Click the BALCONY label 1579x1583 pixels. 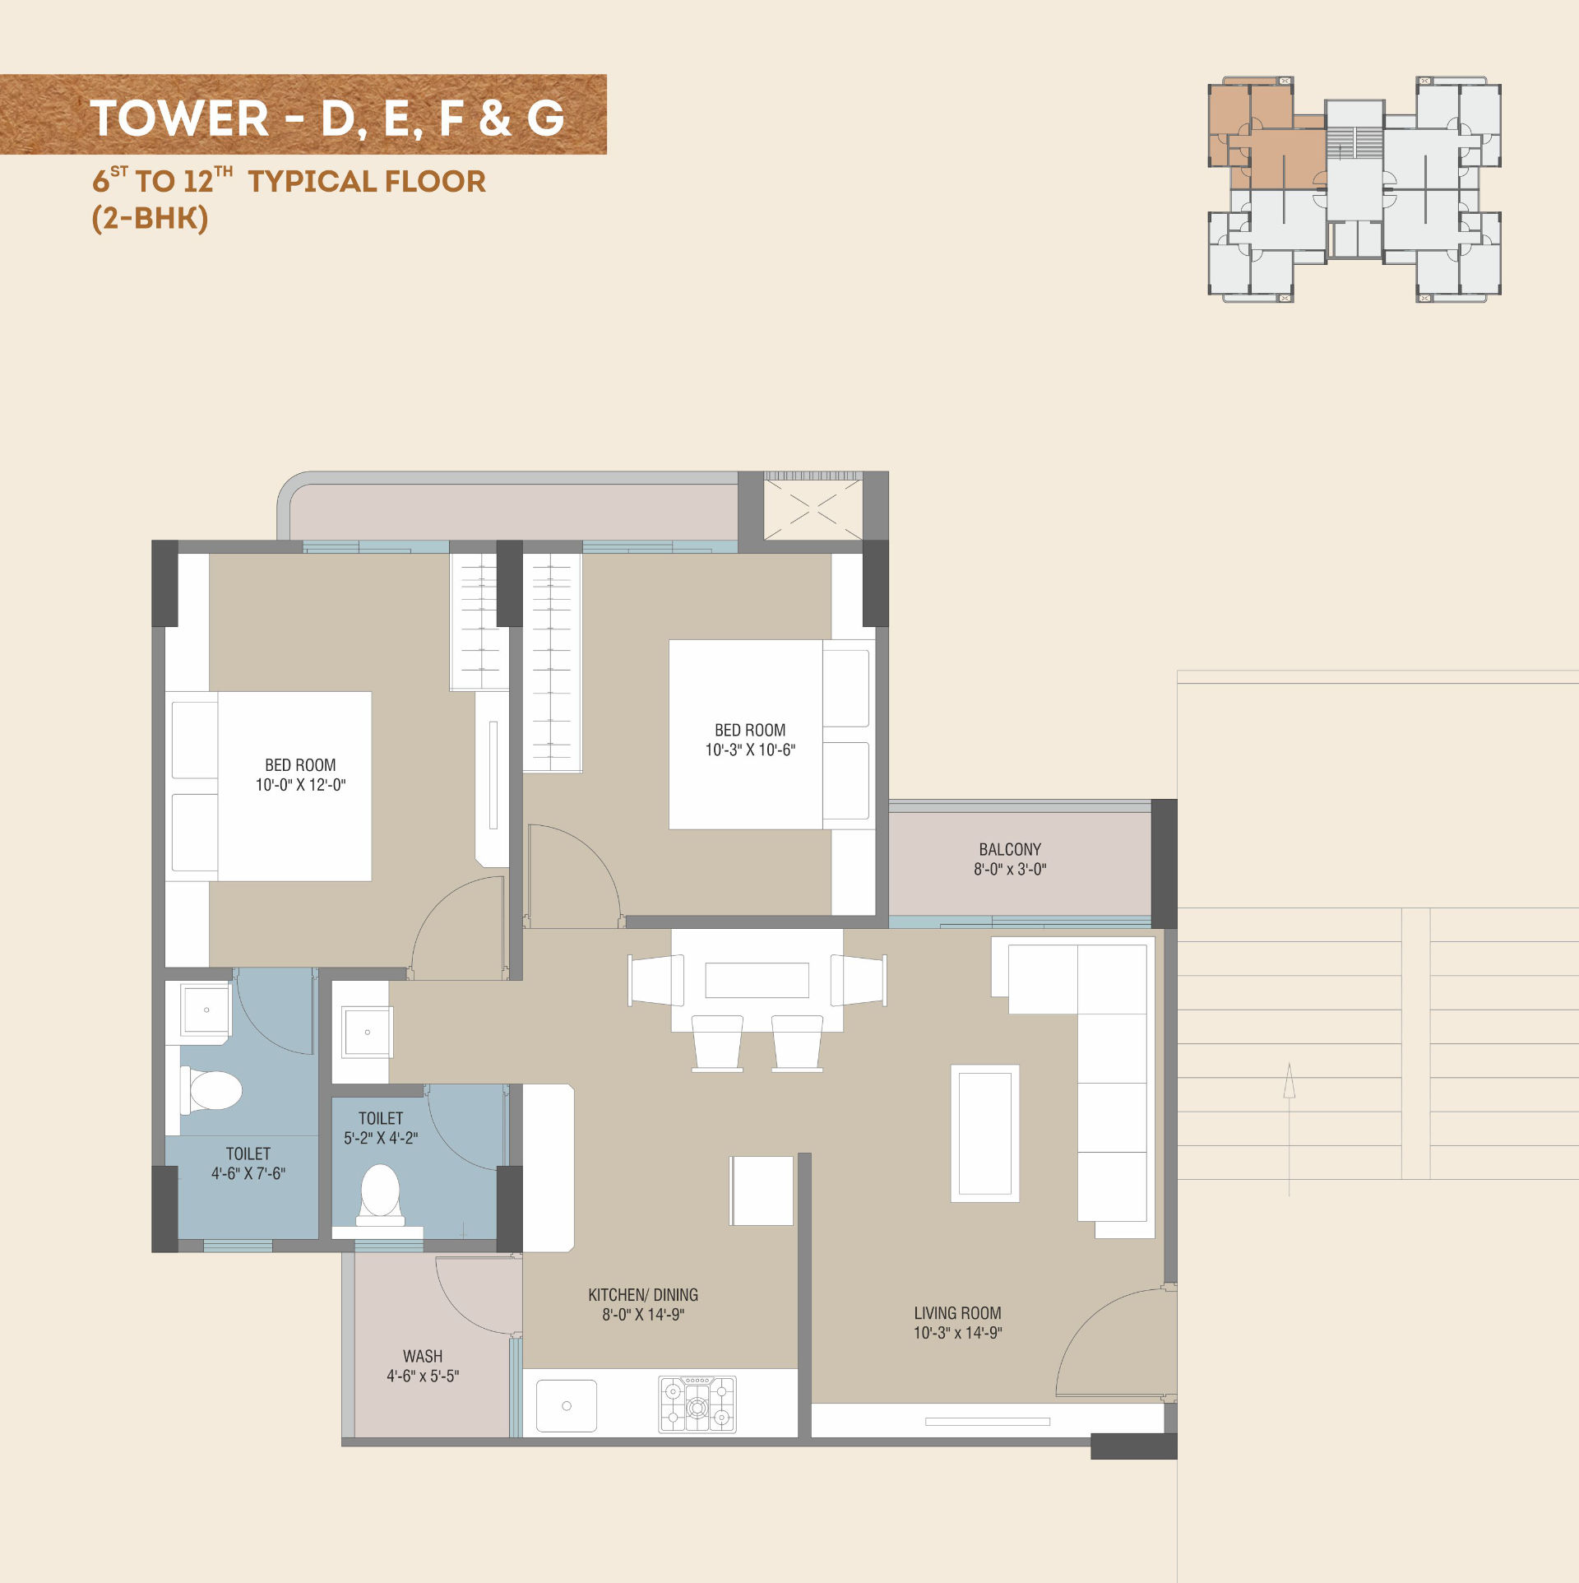[1010, 849]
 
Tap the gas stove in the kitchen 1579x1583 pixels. [697, 1404]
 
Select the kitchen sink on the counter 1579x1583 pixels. [567, 1405]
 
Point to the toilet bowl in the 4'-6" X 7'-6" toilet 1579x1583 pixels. [211, 1091]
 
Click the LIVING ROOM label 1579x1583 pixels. [957, 1313]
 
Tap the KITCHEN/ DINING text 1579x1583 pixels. [643, 1295]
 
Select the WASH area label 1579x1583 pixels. [423, 1356]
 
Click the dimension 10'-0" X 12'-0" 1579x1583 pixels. [300, 785]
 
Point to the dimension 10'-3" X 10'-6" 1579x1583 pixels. [750, 750]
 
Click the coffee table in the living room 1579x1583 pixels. [985, 1133]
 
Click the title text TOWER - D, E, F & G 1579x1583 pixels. [327, 118]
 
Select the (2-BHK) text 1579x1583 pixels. [150, 218]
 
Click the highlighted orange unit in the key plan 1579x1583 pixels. [1266, 136]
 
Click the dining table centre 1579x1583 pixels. [757, 980]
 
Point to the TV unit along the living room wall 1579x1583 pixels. [987, 1421]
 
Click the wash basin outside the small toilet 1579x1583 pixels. [367, 1031]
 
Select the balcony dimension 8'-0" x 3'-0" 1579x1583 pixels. [1010, 869]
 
